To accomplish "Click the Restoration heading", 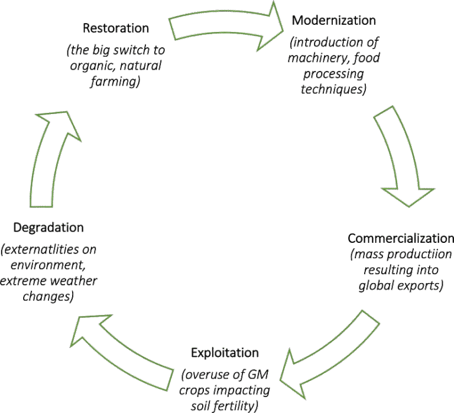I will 115,28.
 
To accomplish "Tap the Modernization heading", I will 333,21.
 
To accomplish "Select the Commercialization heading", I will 401,239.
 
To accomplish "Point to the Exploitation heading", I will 225,353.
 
